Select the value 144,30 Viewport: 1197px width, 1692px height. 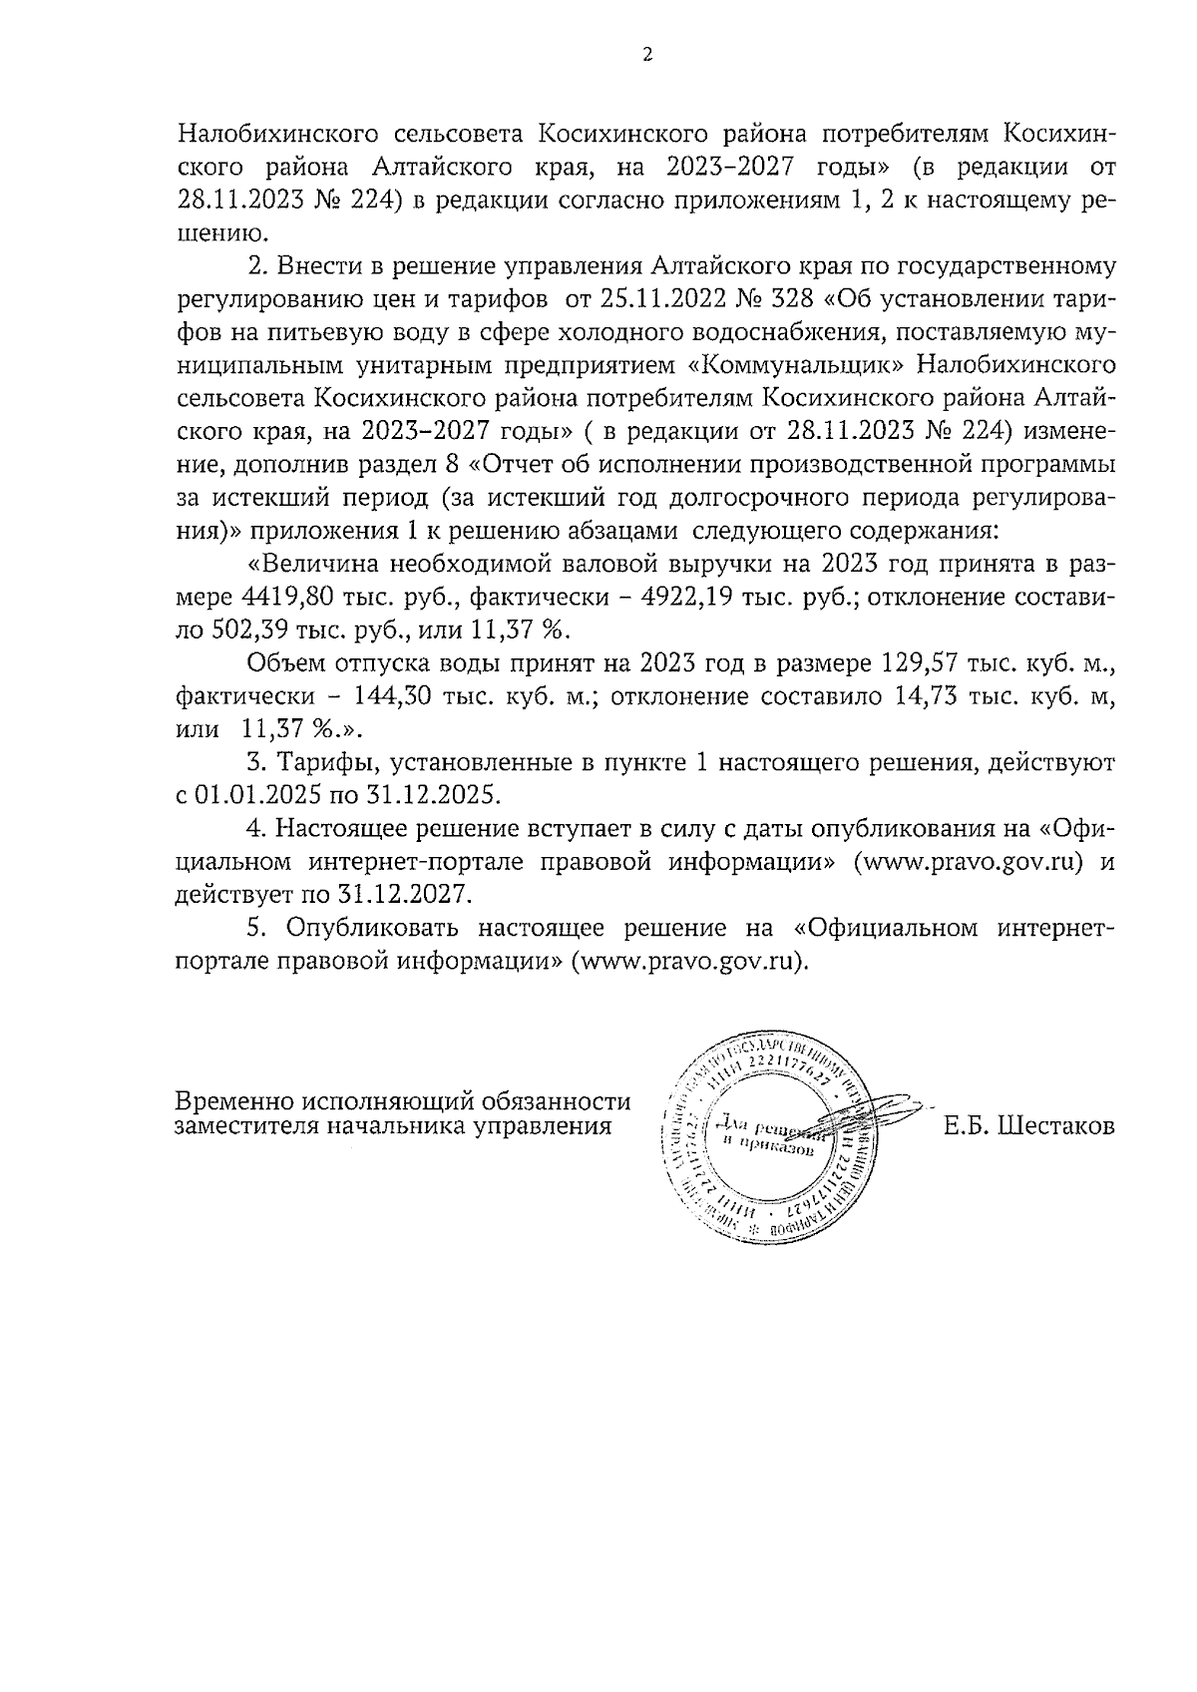coord(414,696)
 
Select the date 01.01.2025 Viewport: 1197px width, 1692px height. coord(244,795)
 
